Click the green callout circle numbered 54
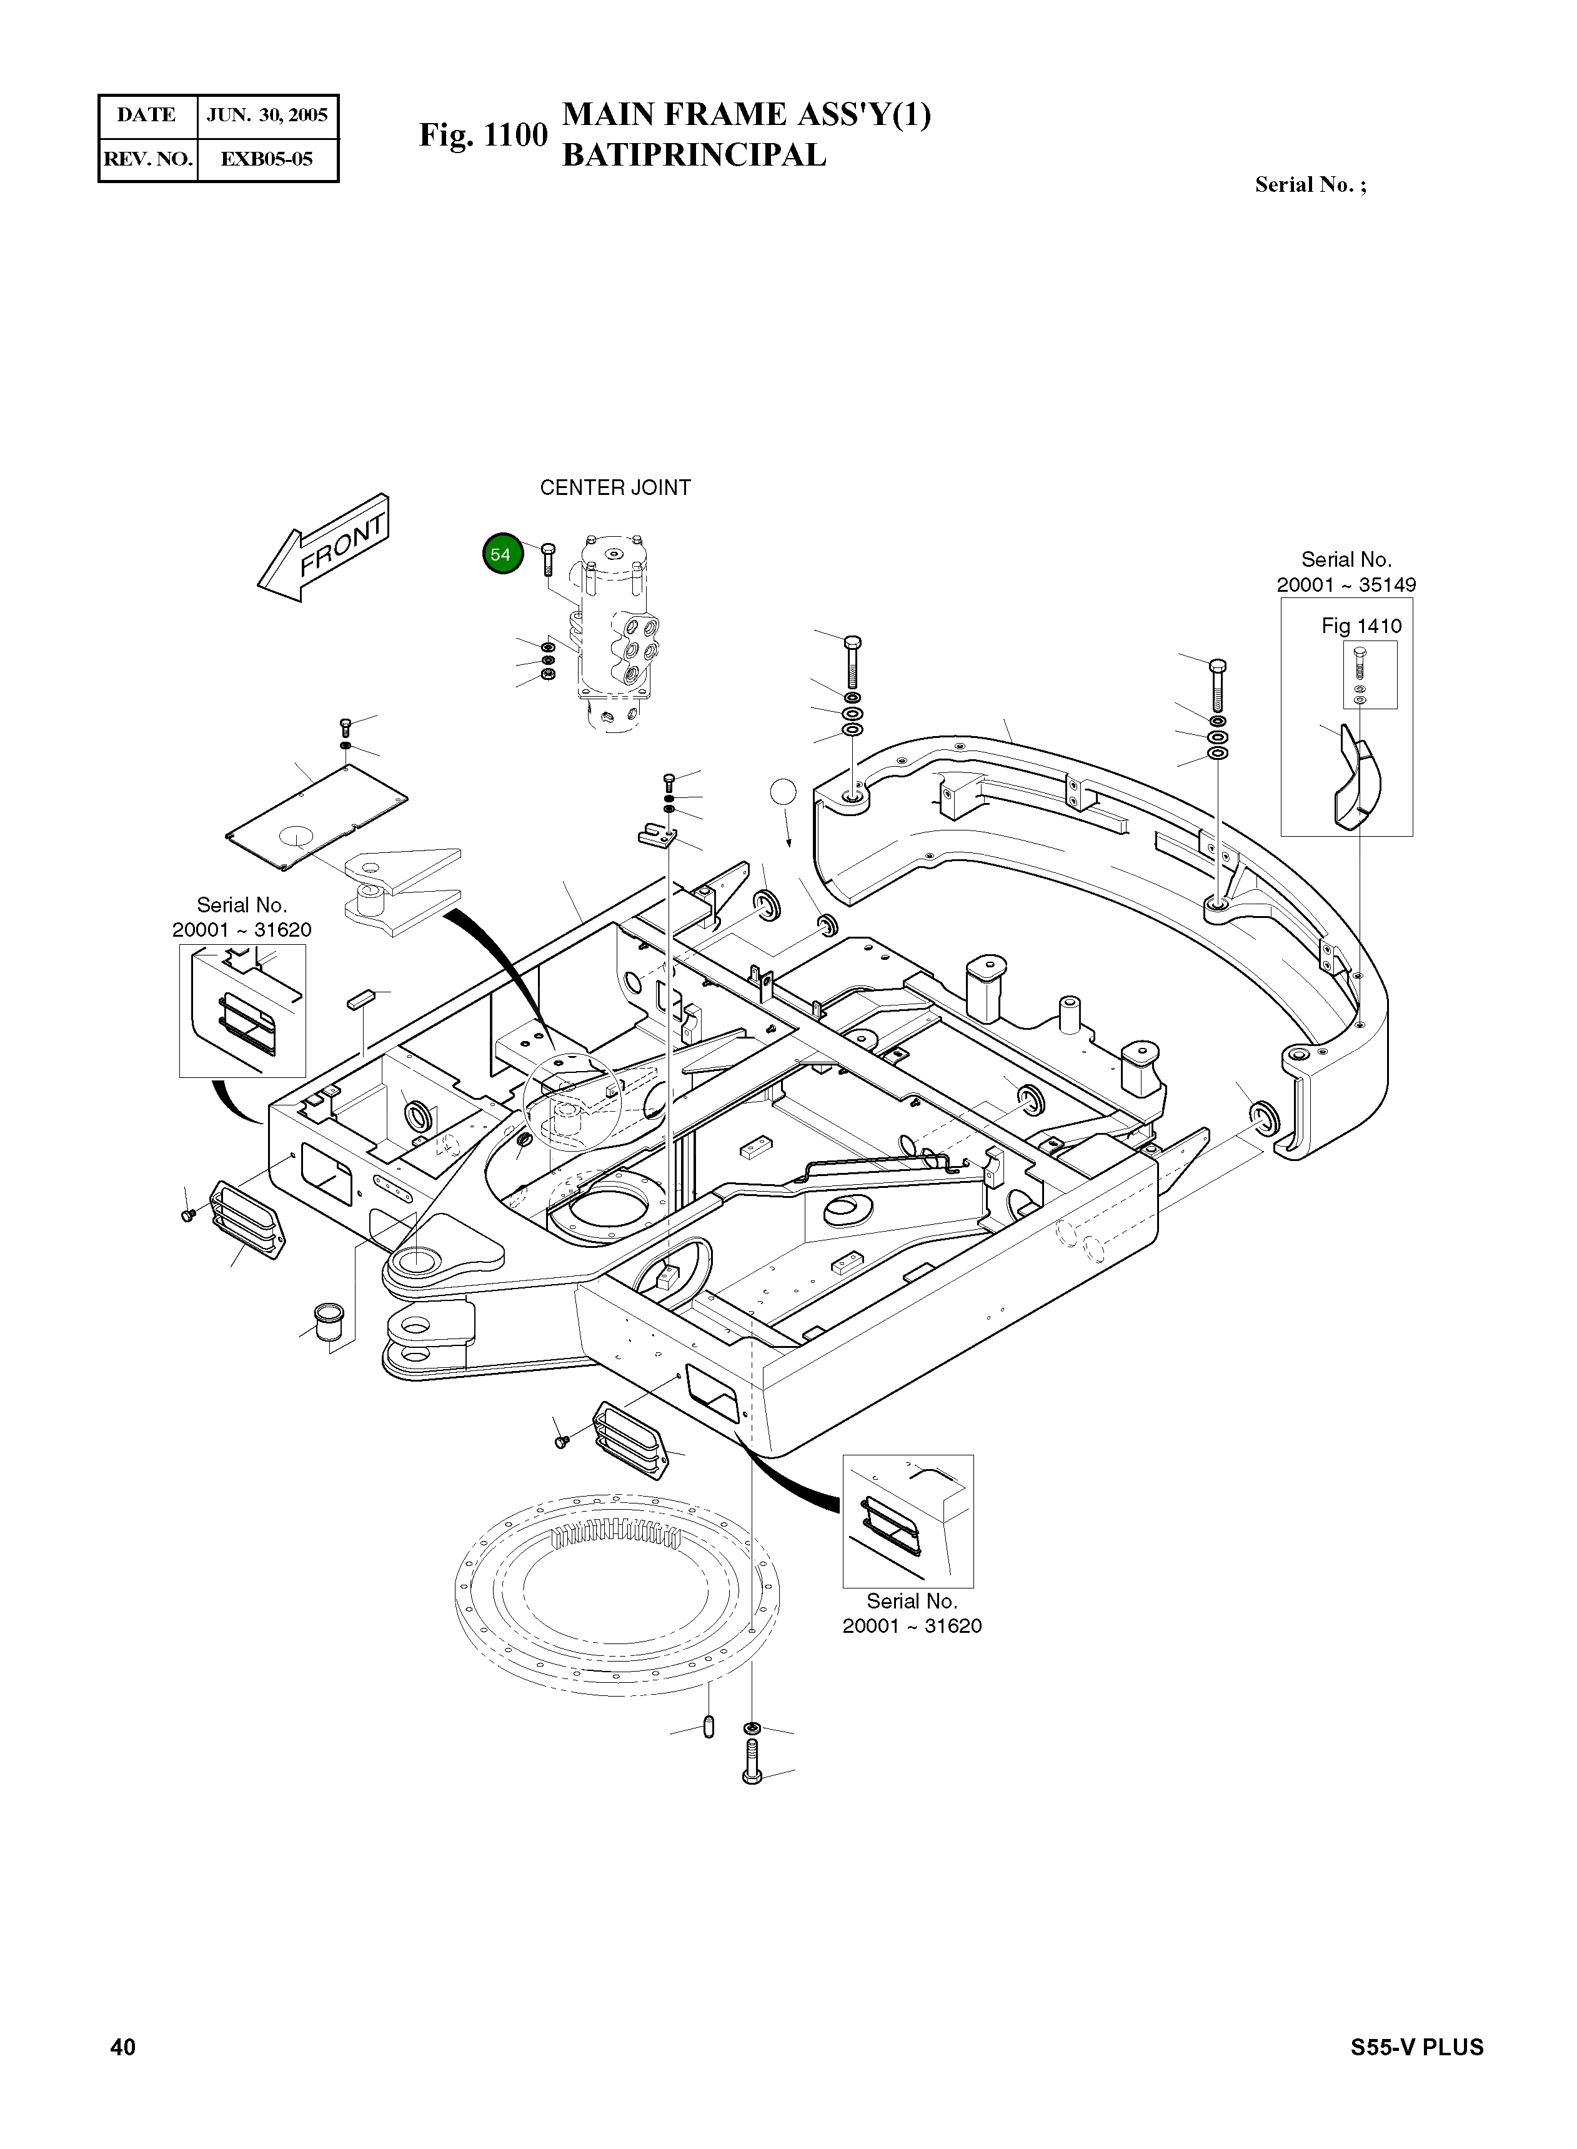[x=502, y=554]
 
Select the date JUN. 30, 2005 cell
[x=267, y=116]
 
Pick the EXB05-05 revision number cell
[x=267, y=159]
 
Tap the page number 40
[x=123, y=2047]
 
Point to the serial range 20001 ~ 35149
[x=1346, y=584]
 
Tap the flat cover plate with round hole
[x=316, y=816]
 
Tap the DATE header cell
[x=147, y=116]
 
